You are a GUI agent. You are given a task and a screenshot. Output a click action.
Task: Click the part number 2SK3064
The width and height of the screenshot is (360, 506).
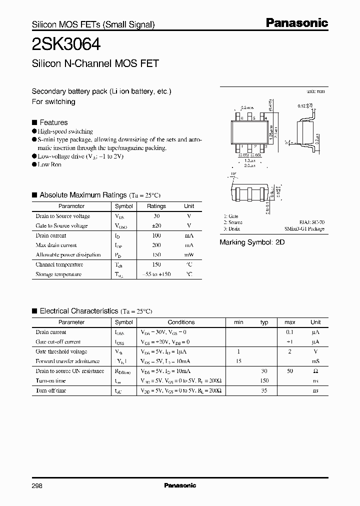(x=66, y=44)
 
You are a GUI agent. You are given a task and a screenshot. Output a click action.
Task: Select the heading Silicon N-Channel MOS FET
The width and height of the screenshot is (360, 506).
(x=95, y=63)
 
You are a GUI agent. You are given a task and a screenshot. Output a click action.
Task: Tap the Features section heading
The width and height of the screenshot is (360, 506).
(x=53, y=122)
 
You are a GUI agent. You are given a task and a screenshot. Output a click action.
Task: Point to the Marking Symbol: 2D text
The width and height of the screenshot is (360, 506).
(x=252, y=242)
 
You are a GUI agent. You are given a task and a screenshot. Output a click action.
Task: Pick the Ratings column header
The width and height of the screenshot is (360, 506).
(x=156, y=206)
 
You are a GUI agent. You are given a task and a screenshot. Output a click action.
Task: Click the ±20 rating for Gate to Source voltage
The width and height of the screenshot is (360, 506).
(x=156, y=225)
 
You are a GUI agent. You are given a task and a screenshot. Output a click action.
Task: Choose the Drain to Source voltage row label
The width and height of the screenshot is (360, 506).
(x=62, y=216)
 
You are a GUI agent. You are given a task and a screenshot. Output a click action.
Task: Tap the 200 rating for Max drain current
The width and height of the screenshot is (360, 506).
(x=156, y=245)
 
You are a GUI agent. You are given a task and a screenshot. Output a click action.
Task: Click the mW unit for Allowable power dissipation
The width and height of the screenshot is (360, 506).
(x=189, y=255)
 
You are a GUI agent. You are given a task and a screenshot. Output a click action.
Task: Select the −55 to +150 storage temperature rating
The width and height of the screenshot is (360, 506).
(x=156, y=274)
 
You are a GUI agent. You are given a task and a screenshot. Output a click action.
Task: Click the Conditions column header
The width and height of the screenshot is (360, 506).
(x=181, y=322)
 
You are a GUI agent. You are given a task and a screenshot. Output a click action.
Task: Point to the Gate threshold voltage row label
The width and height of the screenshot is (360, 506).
(x=61, y=352)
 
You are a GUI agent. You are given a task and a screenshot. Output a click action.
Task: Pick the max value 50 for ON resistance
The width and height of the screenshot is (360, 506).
(x=290, y=371)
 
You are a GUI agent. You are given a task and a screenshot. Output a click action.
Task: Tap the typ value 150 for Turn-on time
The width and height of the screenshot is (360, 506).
(x=264, y=381)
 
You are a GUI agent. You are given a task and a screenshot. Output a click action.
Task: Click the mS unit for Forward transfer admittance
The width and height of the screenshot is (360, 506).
(x=315, y=361)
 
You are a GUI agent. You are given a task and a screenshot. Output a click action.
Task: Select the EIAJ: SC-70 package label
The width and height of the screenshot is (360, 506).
(x=311, y=222)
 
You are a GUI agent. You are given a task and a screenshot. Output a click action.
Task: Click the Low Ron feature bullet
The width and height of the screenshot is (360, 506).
(x=49, y=164)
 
